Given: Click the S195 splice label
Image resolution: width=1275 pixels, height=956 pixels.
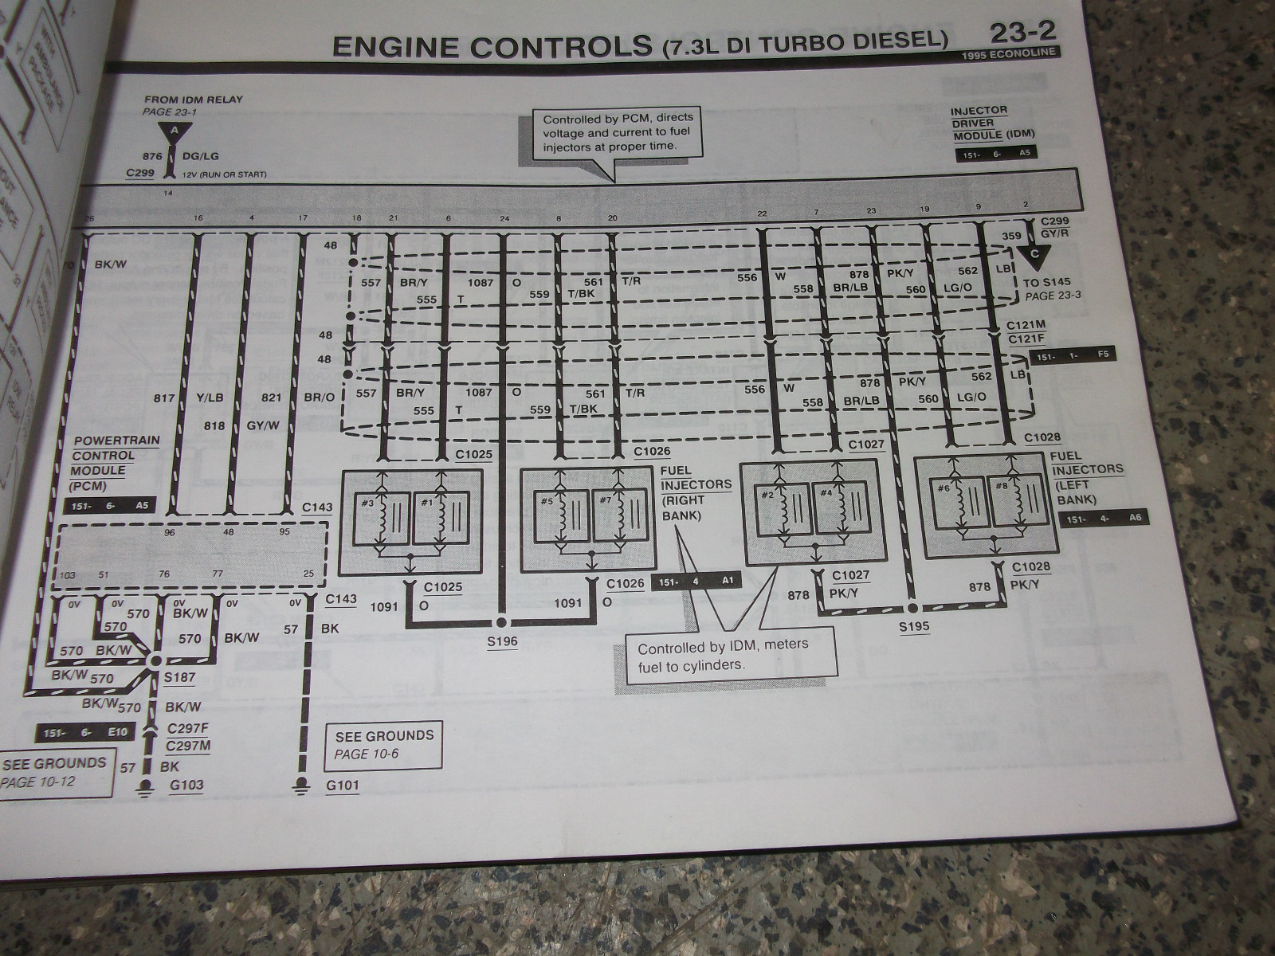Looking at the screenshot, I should click(914, 627).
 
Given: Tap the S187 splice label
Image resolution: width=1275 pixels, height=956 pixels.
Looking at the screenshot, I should click(179, 678).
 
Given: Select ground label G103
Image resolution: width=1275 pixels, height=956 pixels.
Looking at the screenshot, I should click(186, 786).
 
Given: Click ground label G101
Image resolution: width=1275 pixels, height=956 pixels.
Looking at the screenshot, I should click(343, 786).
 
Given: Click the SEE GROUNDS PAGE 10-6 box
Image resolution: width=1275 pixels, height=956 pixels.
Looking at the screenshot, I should click(384, 745).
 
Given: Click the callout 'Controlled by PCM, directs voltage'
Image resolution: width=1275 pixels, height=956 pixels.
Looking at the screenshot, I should click(617, 133).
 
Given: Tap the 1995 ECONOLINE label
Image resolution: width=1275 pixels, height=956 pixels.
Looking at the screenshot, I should click(1010, 54).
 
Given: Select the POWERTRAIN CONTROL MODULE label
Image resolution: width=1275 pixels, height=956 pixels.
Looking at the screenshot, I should click(116, 462).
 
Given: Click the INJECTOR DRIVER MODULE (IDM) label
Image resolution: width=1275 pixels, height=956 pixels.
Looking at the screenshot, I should click(991, 123).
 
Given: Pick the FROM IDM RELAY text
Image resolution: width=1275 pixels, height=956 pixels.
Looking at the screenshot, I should click(194, 100).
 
